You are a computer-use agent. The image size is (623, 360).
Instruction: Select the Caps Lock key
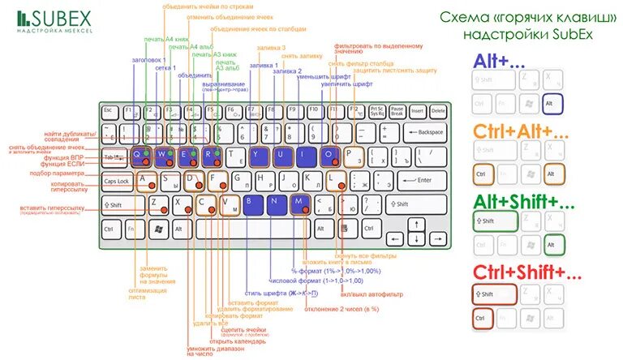pyautogui.click(x=117, y=181)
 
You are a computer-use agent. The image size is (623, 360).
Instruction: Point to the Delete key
pyautogui.click(x=438, y=110)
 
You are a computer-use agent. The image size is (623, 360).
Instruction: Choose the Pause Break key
pyautogui.click(x=397, y=110)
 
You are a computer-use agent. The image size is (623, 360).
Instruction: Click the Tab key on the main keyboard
pyautogui.click(x=114, y=156)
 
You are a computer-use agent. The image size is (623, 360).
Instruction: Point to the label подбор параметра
pyautogui.click(x=66, y=173)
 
